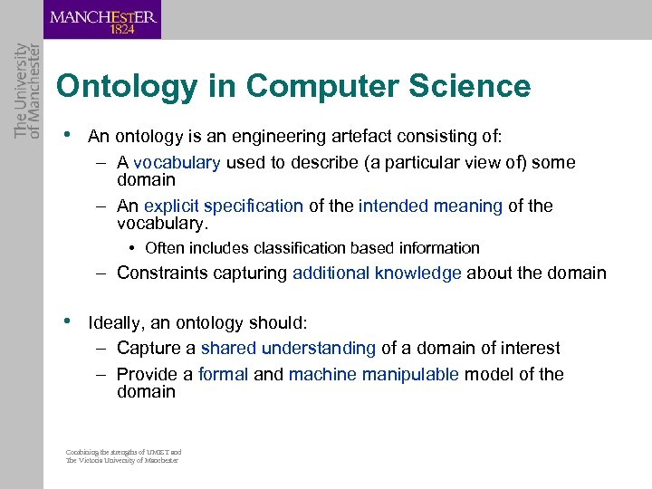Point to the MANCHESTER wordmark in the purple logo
point(102,15)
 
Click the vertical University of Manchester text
point(28,91)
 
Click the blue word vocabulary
point(177,163)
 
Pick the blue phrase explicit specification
point(224,206)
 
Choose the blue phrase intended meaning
point(430,206)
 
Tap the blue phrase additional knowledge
point(377,273)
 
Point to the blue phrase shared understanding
point(288,349)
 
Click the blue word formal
point(223,375)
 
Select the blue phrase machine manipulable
point(374,375)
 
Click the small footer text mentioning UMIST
point(123,455)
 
